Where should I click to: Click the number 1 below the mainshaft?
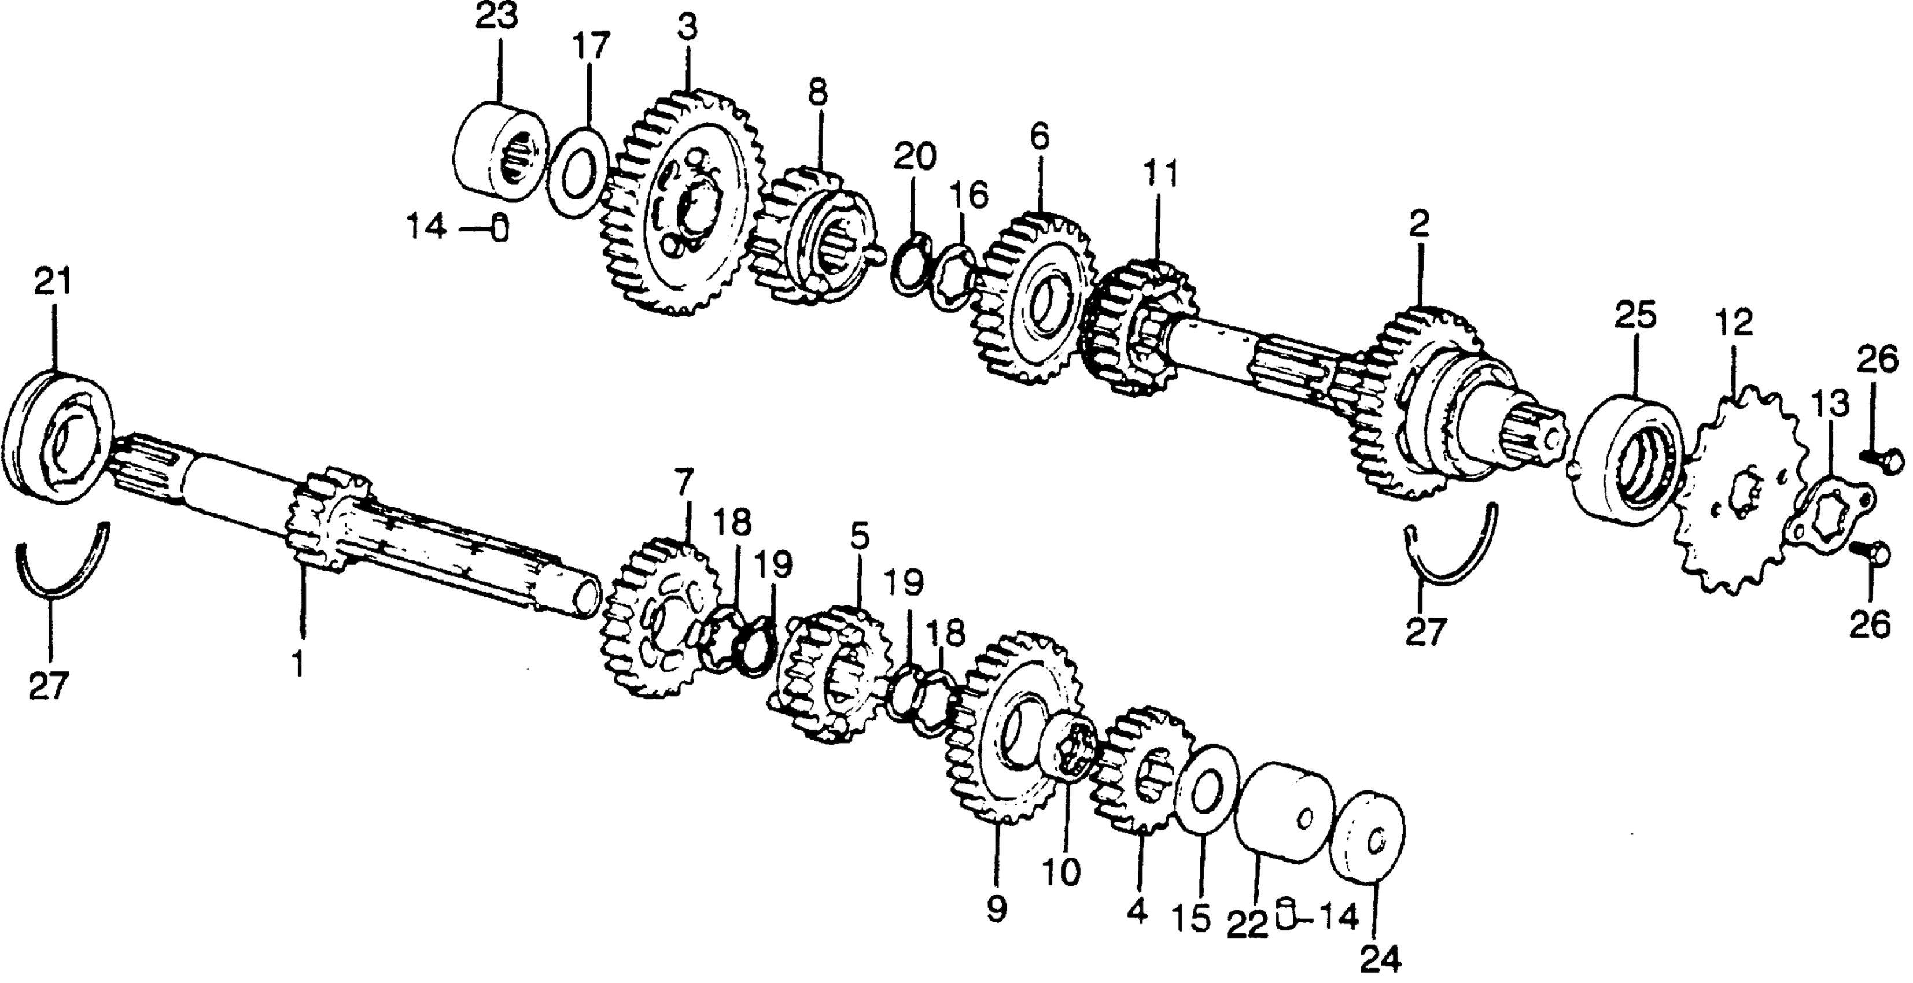(x=298, y=663)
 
